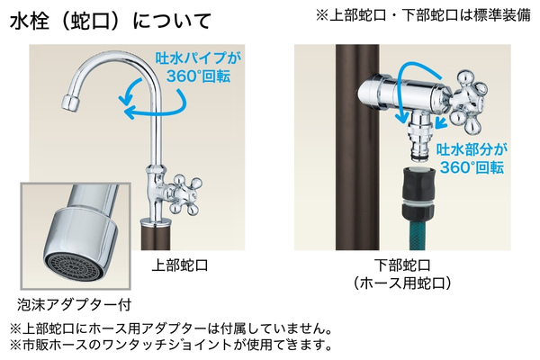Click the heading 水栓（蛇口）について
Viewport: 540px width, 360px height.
point(110,20)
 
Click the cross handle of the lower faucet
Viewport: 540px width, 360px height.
point(470,97)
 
